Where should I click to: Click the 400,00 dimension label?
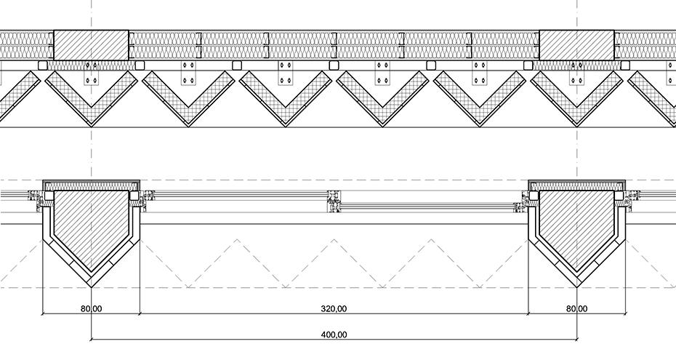tap(334, 335)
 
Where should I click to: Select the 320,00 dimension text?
tap(334, 309)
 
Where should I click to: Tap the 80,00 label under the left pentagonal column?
tap(92, 309)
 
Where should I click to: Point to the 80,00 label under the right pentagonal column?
tap(576, 309)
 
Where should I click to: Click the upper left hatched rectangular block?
tap(92, 45)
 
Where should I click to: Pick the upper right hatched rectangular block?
tap(576, 45)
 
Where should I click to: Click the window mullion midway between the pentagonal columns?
tap(334, 202)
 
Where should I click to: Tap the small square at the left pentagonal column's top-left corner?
tap(49, 195)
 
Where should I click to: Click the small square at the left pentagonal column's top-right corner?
tap(134, 195)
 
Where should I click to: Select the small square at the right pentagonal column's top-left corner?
tap(534, 195)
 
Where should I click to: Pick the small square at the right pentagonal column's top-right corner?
tap(619, 195)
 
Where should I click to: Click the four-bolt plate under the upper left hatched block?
tap(92, 73)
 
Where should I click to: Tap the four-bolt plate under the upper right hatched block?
tap(576, 73)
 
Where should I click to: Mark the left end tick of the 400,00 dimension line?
tap(92, 339)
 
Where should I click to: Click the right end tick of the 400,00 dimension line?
tap(576, 339)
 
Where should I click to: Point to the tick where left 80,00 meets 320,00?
tap(140, 313)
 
